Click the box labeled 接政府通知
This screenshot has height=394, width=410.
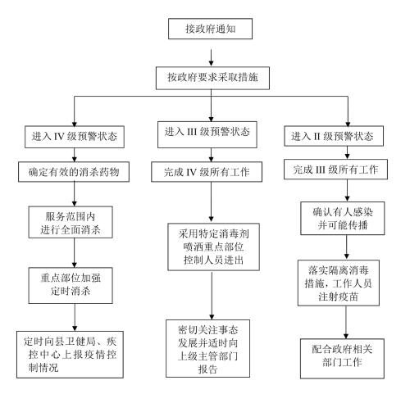[210, 29]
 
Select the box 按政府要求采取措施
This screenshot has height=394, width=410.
[212, 78]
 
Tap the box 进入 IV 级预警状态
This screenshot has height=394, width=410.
[75, 137]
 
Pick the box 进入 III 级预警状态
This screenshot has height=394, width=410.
[207, 134]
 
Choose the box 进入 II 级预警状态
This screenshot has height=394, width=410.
[334, 136]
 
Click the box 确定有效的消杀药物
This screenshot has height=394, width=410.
[74, 172]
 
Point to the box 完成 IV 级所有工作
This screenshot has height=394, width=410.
[207, 172]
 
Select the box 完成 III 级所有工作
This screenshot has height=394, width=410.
[335, 170]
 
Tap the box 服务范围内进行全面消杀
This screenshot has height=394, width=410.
[71, 222]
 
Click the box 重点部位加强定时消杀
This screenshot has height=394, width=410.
[71, 285]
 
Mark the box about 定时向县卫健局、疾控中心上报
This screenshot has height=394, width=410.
[70, 355]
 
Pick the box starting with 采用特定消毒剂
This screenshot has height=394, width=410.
[213, 247]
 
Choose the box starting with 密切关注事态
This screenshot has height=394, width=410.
[207, 348]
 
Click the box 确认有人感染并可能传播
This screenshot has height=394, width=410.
[343, 218]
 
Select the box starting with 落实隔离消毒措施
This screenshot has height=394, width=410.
[339, 283]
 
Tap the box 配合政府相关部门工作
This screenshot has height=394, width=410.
[342, 359]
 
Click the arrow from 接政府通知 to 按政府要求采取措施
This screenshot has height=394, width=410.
[211, 57]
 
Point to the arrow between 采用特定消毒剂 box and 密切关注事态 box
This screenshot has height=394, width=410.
[212, 296]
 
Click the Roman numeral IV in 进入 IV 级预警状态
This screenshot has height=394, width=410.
[59, 137]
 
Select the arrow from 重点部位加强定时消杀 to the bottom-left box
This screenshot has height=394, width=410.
[75, 317]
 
